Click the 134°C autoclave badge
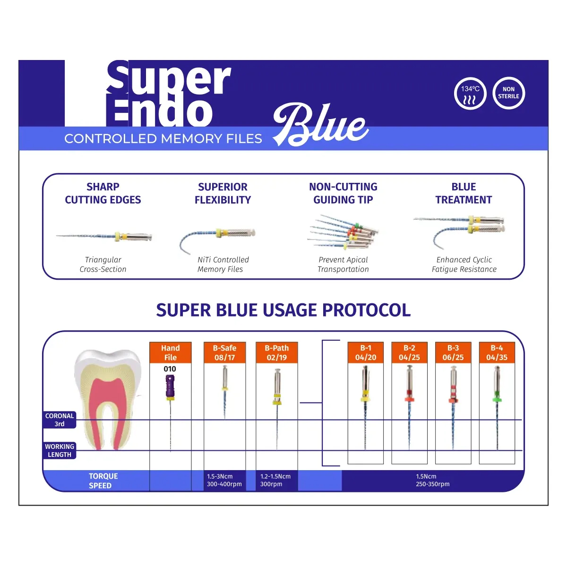point(470,93)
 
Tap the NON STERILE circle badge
point(508,93)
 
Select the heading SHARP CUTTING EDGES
point(103,193)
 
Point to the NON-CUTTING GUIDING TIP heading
point(343,193)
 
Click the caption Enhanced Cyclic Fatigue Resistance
point(464,265)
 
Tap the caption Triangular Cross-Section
point(103,265)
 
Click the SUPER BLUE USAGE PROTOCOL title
point(283,310)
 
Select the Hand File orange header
point(170,352)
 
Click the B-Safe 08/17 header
point(224,352)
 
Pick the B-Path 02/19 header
point(276,352)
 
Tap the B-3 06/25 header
point(453,352)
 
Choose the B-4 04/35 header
point(497,352)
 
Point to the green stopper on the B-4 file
point(497,399)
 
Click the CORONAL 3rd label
point(60,420)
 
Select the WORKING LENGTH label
point(60,450)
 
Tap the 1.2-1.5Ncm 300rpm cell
point(275,480)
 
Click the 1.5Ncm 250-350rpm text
point(432,480)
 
